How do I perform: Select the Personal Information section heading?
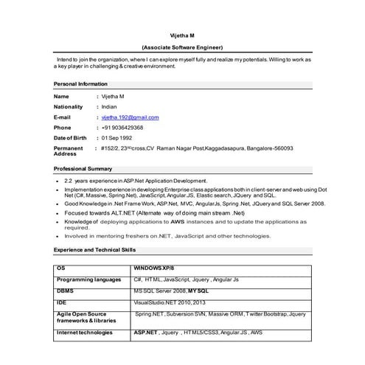[80, 84]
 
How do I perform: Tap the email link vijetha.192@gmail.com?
[130, 117]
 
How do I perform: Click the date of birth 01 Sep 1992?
[117, 138]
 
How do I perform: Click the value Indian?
[109, 107]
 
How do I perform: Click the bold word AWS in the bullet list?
[177, 221]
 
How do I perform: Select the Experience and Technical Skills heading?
[94, 251]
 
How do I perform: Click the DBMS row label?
[65, 291]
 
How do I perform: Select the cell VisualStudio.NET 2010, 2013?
[170, 302]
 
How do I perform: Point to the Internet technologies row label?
[84, 333]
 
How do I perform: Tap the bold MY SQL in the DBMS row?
[198, 291]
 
